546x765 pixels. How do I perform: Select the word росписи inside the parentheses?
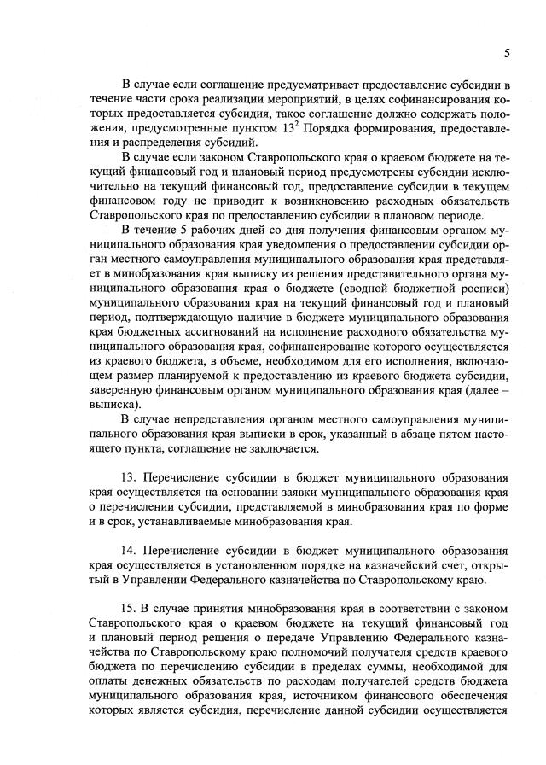click(x=484, y=301)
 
